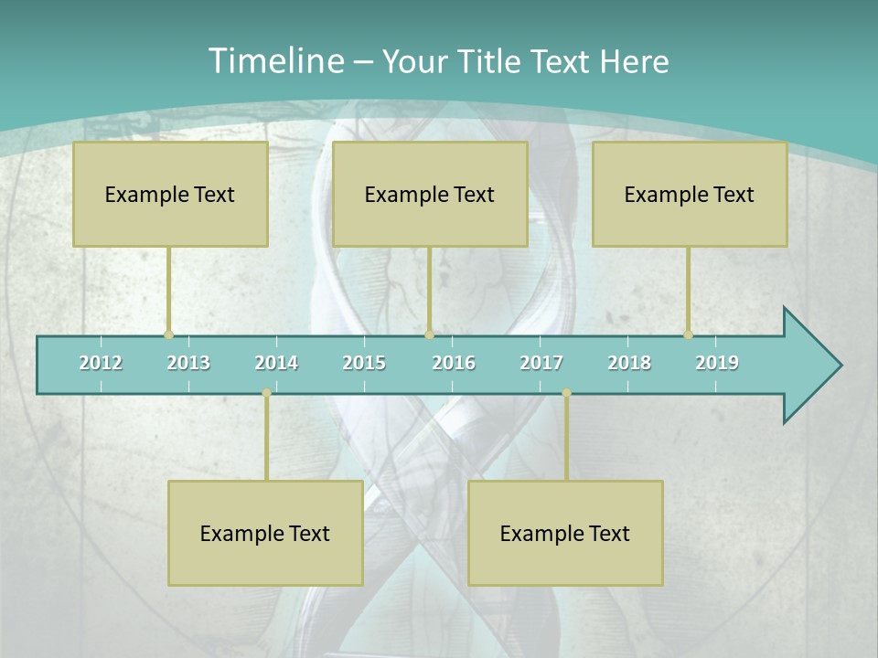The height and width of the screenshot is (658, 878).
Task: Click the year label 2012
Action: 101,363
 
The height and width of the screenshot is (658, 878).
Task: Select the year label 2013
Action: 188,363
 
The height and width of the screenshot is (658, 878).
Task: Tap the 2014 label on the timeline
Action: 276,363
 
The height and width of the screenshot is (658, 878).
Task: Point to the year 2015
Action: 364,363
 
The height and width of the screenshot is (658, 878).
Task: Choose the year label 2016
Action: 454,363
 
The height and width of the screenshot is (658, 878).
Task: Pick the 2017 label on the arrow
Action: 541,363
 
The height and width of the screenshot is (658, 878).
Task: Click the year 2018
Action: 629,363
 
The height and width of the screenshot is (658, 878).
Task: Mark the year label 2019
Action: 717,363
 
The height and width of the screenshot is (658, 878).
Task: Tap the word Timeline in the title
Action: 274,61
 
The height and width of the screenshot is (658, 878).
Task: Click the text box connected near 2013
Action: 170,194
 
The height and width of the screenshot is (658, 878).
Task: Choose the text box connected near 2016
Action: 430,194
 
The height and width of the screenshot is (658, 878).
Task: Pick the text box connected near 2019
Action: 690,194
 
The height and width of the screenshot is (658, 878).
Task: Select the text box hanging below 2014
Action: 265,533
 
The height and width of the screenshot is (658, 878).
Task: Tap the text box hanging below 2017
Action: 565,533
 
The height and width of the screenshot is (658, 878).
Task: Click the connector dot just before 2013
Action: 168,334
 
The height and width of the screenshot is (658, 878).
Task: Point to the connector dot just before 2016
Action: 429,334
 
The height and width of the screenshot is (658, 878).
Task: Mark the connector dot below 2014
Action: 266,393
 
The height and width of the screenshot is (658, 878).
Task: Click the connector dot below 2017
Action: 566,393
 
